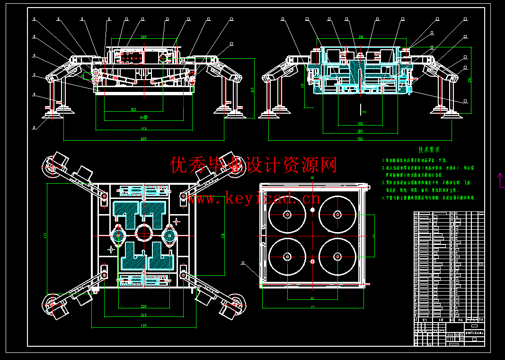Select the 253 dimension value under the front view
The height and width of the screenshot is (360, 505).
(133, 109)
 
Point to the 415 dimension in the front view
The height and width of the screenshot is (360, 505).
(143, 128)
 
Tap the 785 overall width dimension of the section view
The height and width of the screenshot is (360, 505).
(360, 139)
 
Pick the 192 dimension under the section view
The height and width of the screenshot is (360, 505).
(360, 123)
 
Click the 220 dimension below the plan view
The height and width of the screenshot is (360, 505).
(143, 306)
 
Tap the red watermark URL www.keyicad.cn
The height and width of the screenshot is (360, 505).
(253, 198)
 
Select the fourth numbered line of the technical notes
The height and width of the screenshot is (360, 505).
(428, 198)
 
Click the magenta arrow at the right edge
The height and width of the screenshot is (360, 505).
(500, 180)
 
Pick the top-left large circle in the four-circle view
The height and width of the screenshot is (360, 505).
(287, 214)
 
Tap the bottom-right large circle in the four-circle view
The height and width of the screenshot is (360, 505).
(337, 257)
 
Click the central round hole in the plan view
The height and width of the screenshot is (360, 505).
(143, 233)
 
